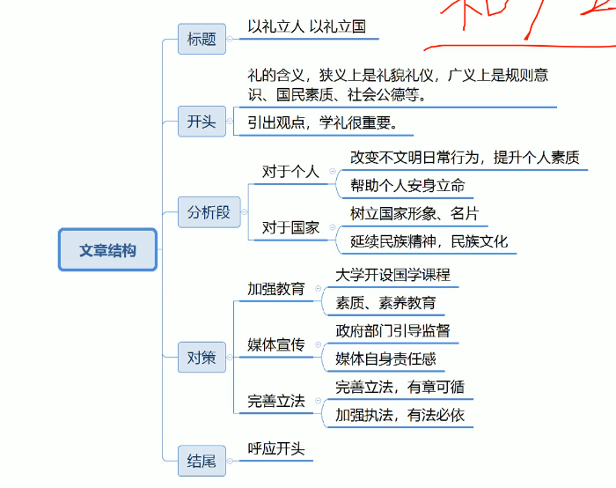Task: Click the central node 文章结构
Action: pyautogui.click(x=107, y=250)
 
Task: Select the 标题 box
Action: pyautogui.click(x=202, y=39)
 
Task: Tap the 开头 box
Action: pyautogui.click(x=202, y=122)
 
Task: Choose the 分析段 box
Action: pyautogui.click(x=209, y=212)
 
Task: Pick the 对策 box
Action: pyautogui.click(x=202, y=357)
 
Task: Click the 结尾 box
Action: pyautogui.click(x=202, y=460)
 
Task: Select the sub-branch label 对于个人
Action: pyautogui.click(x=290, y=171)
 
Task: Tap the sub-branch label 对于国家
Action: pyautogui.click(x=290, y=228)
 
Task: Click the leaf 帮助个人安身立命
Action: pyautogui.click(x=407, y=186)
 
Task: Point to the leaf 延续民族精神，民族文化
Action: pyautogui.click(x=429, y=241)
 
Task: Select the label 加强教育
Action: pyautogui.click(x=275, y=288)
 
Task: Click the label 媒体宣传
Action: pyautogui.click(x=275, y=344)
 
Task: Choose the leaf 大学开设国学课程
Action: pyautogui.click(x=392, y=274)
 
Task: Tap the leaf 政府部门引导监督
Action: pyautogui.click(x=392, y=330)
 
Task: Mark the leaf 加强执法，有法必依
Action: pyautogui.click(x=400, y=415)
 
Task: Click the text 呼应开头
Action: pyautogui.click(x=275, y=448)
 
